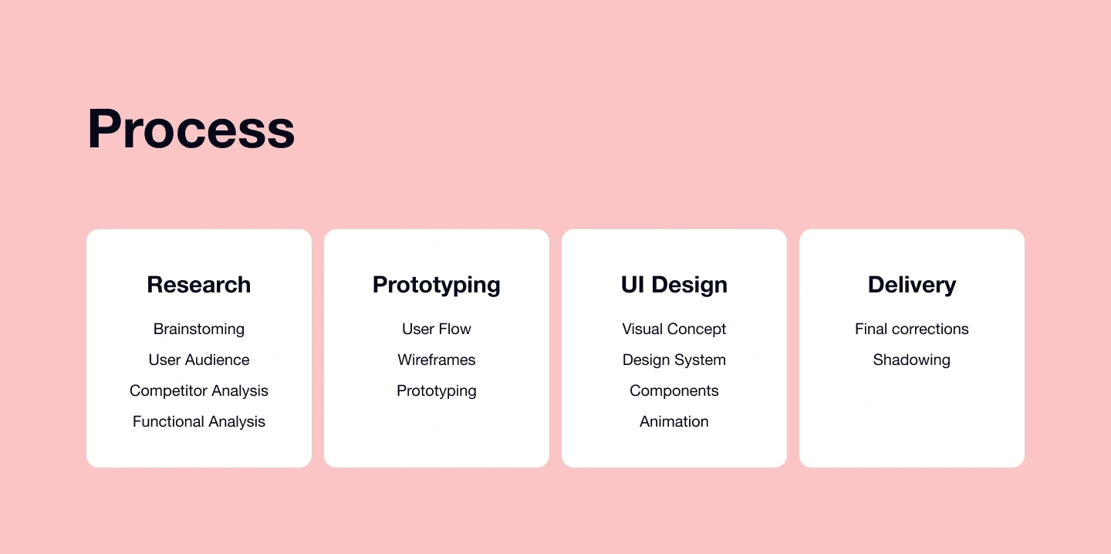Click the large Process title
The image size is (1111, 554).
pyautogui.click(x=191, y=128)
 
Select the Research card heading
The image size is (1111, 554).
pyautogui.click(x=199, y=285)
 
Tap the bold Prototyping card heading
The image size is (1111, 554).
pyautogui.click(x=437, y=285)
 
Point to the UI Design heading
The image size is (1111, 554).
pyautogui.click(x=674, y=285)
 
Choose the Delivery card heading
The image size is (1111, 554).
pyautogui.click(x=912, y=285)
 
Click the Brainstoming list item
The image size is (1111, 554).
pyautogui.click(x=199, y=329)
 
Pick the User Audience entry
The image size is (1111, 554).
pyautogui.click(x=199, y=360)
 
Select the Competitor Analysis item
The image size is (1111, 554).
pyautogui.click(x=199, y=391)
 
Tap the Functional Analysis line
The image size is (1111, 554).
pyautogui.click(x=199, y=421)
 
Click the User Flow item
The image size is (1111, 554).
pyautogui.click(x=437, y=329)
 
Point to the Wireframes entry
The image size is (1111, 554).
pyautogui.click(x=437, y=360)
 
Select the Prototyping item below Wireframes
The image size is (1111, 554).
pyautogui.click(x=437, y=391)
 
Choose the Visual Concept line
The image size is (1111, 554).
pyautogui.click(x=674, y=329)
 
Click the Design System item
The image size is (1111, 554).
pyautogui.click(x=674, y=360)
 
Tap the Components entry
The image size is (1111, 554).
pyautogui.click(x=674, y=391)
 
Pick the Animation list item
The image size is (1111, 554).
pyautogui.click(x=674, y=421)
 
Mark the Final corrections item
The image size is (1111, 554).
pyautogui.click(x=912, y=329)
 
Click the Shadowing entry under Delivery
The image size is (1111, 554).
pyautogui.click(x=912, y=360)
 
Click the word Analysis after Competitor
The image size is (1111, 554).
pyautogui.click(x=240, y=391)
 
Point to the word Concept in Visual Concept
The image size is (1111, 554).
pyautogui.click(x=697, y=329)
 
